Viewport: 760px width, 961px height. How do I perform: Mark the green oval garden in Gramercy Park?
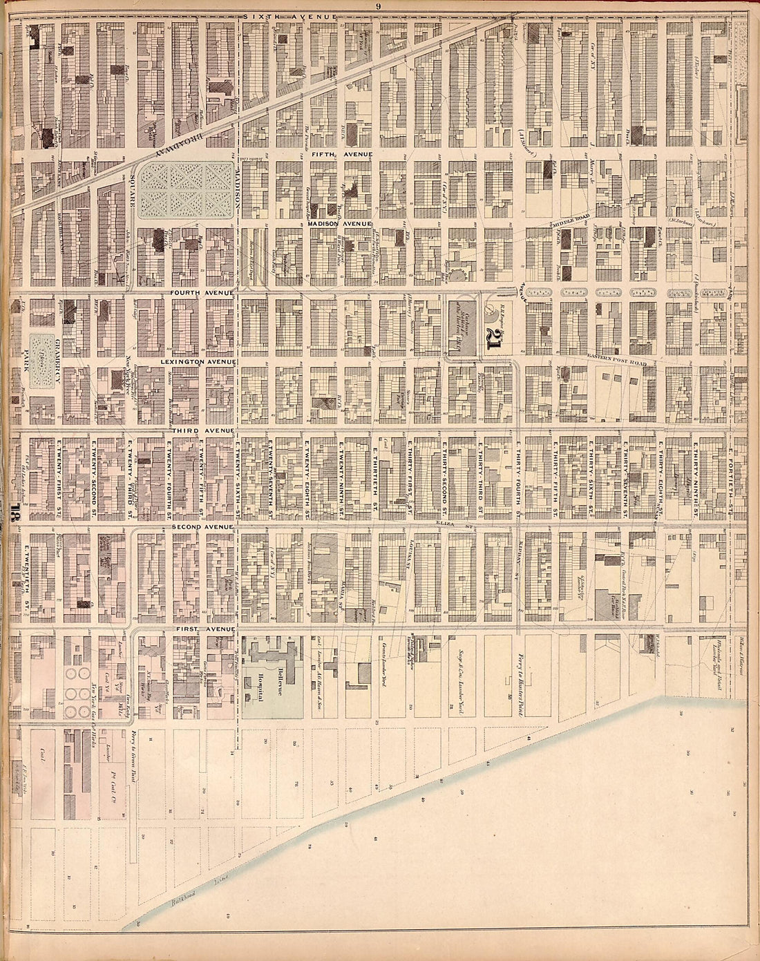43,359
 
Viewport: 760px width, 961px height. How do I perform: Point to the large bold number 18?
17,517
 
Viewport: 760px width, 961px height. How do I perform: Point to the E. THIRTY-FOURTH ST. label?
516,479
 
